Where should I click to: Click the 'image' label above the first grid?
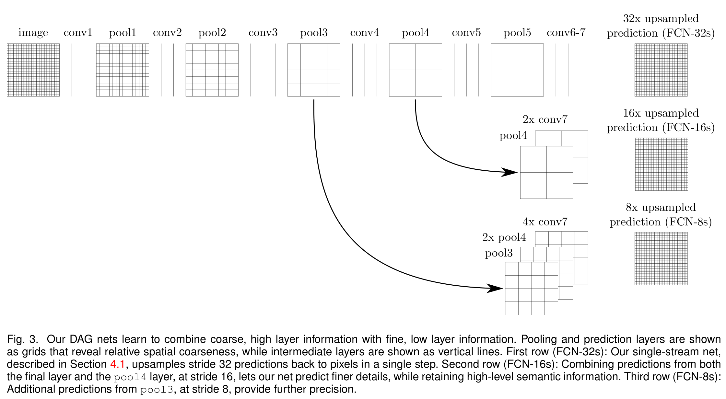[x=33, y=33]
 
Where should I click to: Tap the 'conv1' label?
[x=78, y=33]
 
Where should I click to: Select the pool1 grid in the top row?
[x=123, y=70]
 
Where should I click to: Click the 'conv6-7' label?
[x=566, y=33]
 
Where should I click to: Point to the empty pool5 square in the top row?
[x=517, y=70]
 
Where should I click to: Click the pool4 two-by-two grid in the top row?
[x=415, y=70]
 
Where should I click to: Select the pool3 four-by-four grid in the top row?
[x=314, y=70]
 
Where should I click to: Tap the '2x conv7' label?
[x=545, y=120]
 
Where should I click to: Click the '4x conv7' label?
[x=545, y=222]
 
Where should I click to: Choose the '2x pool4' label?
[x=504, y=237]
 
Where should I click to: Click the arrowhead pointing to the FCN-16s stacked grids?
[x=510, y=172]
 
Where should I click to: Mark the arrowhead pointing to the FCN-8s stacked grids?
[x=495, y=288]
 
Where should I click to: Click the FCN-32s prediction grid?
[x=661, y=70]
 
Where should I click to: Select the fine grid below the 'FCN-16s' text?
[x=661, y=164]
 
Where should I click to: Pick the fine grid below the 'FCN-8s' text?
[x=661, y=258]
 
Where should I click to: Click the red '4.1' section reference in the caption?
[x=117, y=364]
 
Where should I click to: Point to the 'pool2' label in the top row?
[x=212, y=33]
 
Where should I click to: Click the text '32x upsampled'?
[x=661, y=19]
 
